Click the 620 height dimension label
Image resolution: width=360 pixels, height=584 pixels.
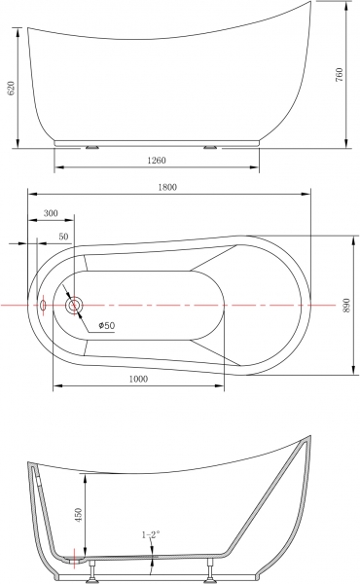point(11,88)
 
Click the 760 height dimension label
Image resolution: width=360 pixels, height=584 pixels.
point(339,75)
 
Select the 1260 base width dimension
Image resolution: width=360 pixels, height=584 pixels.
point(157,161)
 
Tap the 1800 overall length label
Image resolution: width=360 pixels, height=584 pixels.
point(167,187)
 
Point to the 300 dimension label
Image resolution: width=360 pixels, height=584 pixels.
point(51,213)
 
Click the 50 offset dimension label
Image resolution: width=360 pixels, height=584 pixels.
point(63,237)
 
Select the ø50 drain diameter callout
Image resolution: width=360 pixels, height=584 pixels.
point(107,325)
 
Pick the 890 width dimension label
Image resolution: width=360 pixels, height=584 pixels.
point(345,305)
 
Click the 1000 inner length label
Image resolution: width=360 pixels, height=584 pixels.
point(138,379)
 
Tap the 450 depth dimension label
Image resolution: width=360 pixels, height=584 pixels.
point(78,515)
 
